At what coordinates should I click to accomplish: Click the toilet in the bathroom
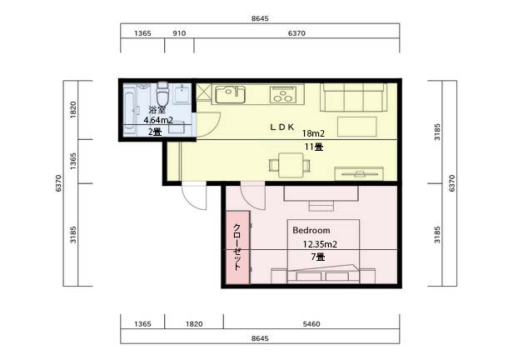tap(162, 93)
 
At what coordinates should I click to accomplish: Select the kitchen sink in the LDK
tap(230, 94)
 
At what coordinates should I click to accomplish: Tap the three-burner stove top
tap(283, 94)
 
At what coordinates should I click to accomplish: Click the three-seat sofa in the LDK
tap(354, 97)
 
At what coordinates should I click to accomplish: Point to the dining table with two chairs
tap(290, 165)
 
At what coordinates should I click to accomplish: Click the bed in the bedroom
tap(323, 251)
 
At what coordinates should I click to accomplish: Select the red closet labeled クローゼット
tap(238, 247)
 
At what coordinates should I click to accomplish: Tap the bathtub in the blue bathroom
tap(130, 112)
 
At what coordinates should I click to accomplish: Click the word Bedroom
tap(311, 230)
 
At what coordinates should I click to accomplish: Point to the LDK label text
tap(282, 127)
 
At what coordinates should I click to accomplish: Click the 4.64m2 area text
tap(158, 120)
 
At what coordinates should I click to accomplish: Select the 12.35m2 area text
tap(320, 244)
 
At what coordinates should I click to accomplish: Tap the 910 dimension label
tap(179, 33)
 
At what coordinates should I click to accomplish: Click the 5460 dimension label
tap(311, 324)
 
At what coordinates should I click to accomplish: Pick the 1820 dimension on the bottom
tap(194, 324)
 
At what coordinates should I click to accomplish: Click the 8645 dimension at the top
tap(260, 18)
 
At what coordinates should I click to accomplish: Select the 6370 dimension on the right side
tap(452, 183)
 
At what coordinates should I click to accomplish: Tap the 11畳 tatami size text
tap(314, 147)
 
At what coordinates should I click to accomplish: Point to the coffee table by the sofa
tap(357, 127)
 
